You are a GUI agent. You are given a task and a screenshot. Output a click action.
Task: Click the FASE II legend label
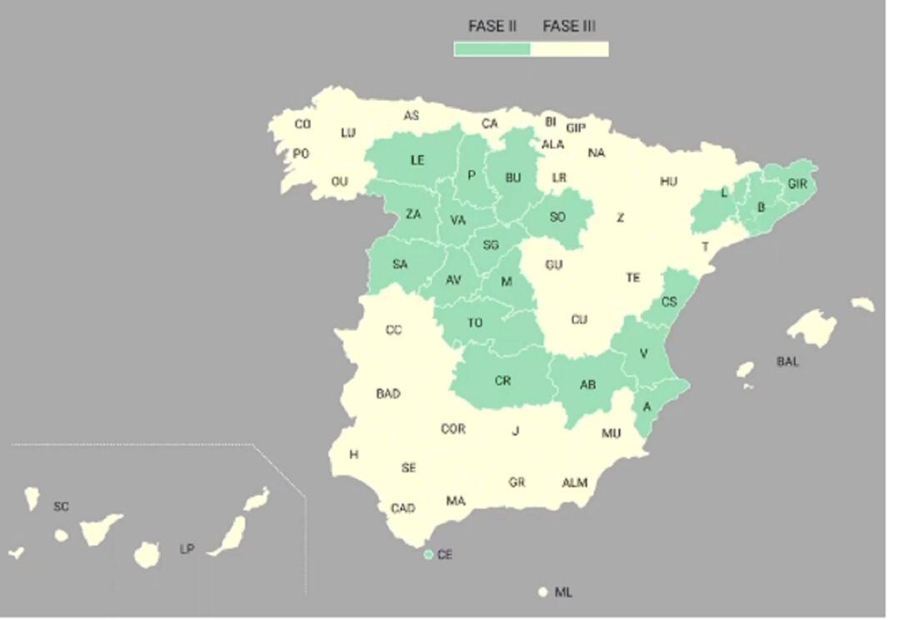point(492,27)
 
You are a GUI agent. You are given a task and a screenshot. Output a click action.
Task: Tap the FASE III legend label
point(569,27)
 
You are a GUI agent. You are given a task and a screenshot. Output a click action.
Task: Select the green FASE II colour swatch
point(492,49)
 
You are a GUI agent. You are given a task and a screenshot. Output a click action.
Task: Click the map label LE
point(417,161)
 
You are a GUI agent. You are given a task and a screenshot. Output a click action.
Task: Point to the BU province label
point(513,177)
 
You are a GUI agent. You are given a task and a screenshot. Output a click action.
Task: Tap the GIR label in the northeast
point(797,184)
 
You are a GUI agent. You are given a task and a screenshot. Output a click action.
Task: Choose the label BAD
point(388,393)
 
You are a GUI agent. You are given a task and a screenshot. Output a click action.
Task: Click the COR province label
point(453,429)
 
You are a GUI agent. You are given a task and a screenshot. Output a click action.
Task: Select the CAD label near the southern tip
point(403,508)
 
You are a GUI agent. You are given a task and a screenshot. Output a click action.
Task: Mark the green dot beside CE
point(428,554)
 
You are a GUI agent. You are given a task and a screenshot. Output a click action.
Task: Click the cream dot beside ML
point(542,592)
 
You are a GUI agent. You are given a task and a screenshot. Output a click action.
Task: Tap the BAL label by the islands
point(787,362)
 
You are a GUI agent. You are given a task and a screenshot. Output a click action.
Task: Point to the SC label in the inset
point(61,507)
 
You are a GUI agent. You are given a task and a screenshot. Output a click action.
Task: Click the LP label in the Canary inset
point(187,549)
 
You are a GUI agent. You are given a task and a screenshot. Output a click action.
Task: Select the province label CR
point(502,381)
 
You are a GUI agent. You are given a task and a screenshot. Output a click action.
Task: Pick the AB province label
point(587,385)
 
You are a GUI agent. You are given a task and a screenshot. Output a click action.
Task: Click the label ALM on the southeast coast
point(574,482)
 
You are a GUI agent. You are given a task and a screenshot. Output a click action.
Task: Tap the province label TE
point(633,277)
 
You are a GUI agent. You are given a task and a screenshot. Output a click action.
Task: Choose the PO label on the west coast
point(300,154)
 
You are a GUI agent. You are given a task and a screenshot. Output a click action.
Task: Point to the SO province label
point(557,217)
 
